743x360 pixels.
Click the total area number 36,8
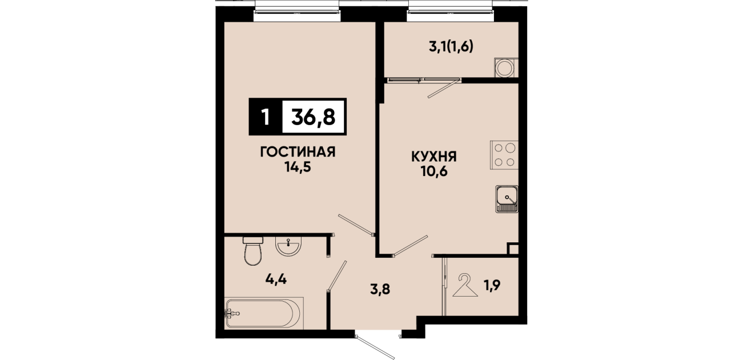tap(314, 117)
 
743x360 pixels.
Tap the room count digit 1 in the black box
tap(265, 117)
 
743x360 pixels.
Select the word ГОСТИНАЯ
tap(298, 152)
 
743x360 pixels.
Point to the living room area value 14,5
tap(298, 167)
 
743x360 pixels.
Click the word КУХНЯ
tap(434, 156)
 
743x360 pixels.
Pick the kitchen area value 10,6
tap(434, 171)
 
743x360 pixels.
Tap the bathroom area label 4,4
tap(276, 279)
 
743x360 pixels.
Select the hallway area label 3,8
tap(380, 289)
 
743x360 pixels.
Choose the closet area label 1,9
tap(492, 285)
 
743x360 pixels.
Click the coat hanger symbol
tap(465, 285)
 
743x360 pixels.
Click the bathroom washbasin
tap(288, 246)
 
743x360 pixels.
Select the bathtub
tap(264, 313)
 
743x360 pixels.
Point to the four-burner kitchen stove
tap(504, 155)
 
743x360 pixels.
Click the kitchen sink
tap(507, 199)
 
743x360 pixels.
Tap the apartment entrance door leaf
tap(375, 347)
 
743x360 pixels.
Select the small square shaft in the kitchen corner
tap(513, 249)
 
